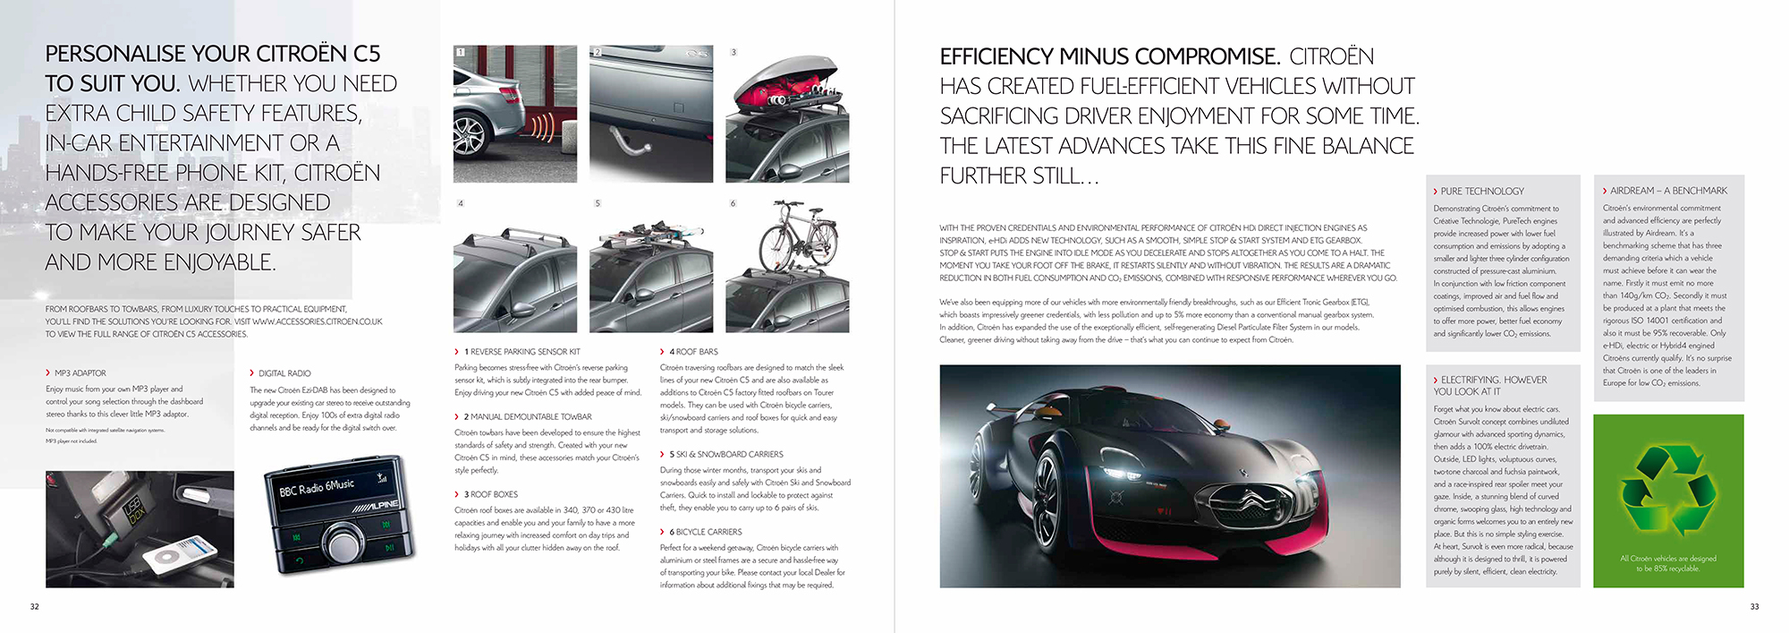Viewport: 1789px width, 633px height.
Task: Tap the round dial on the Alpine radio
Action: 342,543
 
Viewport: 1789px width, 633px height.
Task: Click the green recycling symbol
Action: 1668,488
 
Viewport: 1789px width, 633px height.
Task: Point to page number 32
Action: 35,607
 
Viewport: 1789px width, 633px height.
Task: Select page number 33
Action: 1754,607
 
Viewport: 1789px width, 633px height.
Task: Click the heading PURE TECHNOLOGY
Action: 1482,192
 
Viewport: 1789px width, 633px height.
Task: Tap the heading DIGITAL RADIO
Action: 284,373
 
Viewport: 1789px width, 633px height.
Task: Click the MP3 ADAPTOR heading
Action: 80,373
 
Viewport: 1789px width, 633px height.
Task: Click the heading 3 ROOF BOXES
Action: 490,494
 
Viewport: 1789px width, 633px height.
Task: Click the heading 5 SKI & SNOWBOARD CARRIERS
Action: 725,455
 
